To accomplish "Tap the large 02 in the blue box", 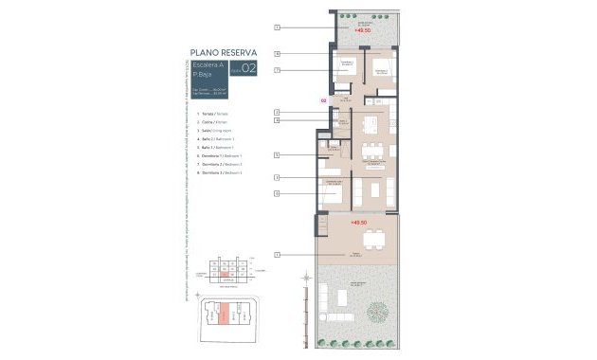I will point(249,68).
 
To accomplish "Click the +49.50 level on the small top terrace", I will point(361,30).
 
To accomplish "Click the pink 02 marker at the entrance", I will point(323,99).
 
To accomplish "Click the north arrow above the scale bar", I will point(306,277).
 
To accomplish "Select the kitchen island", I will point(373,124).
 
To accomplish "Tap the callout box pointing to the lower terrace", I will point(276,255).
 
